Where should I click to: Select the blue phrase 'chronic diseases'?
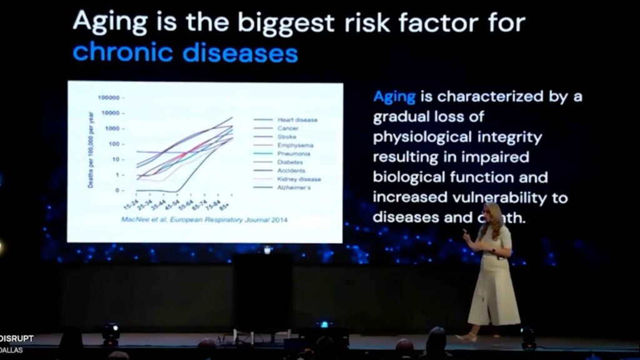[185, 52]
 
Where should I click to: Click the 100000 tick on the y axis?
[109, 98]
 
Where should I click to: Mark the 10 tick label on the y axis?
[117, 159]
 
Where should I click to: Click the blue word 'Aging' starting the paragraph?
[394, 97]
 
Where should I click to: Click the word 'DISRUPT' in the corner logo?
[17, 339]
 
